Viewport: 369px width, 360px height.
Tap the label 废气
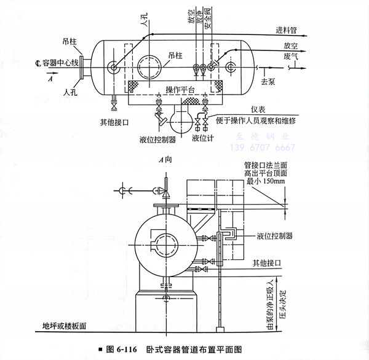[x=290, y=55]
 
